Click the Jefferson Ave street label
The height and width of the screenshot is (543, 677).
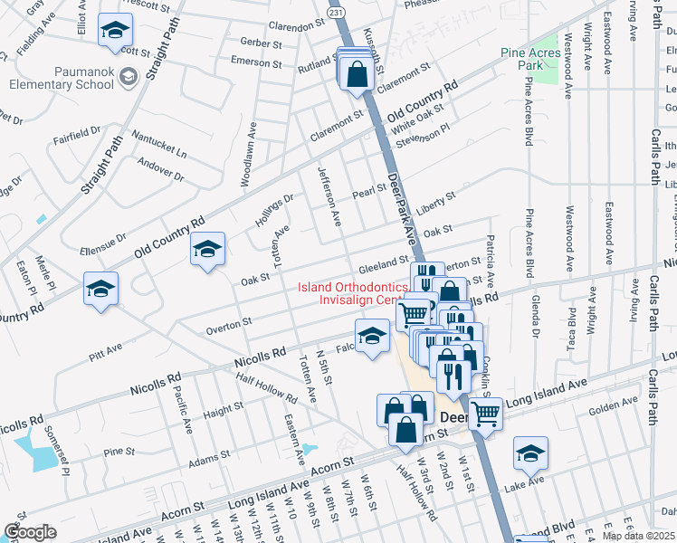(x=328, y=195)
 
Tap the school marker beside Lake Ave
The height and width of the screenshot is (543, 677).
(x=530, y=454)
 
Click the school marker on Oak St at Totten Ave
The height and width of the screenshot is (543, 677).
(x=207, y=250)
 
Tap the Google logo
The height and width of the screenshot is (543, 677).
(x=31, y=532)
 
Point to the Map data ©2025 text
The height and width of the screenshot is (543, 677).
(x=638, y=536)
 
